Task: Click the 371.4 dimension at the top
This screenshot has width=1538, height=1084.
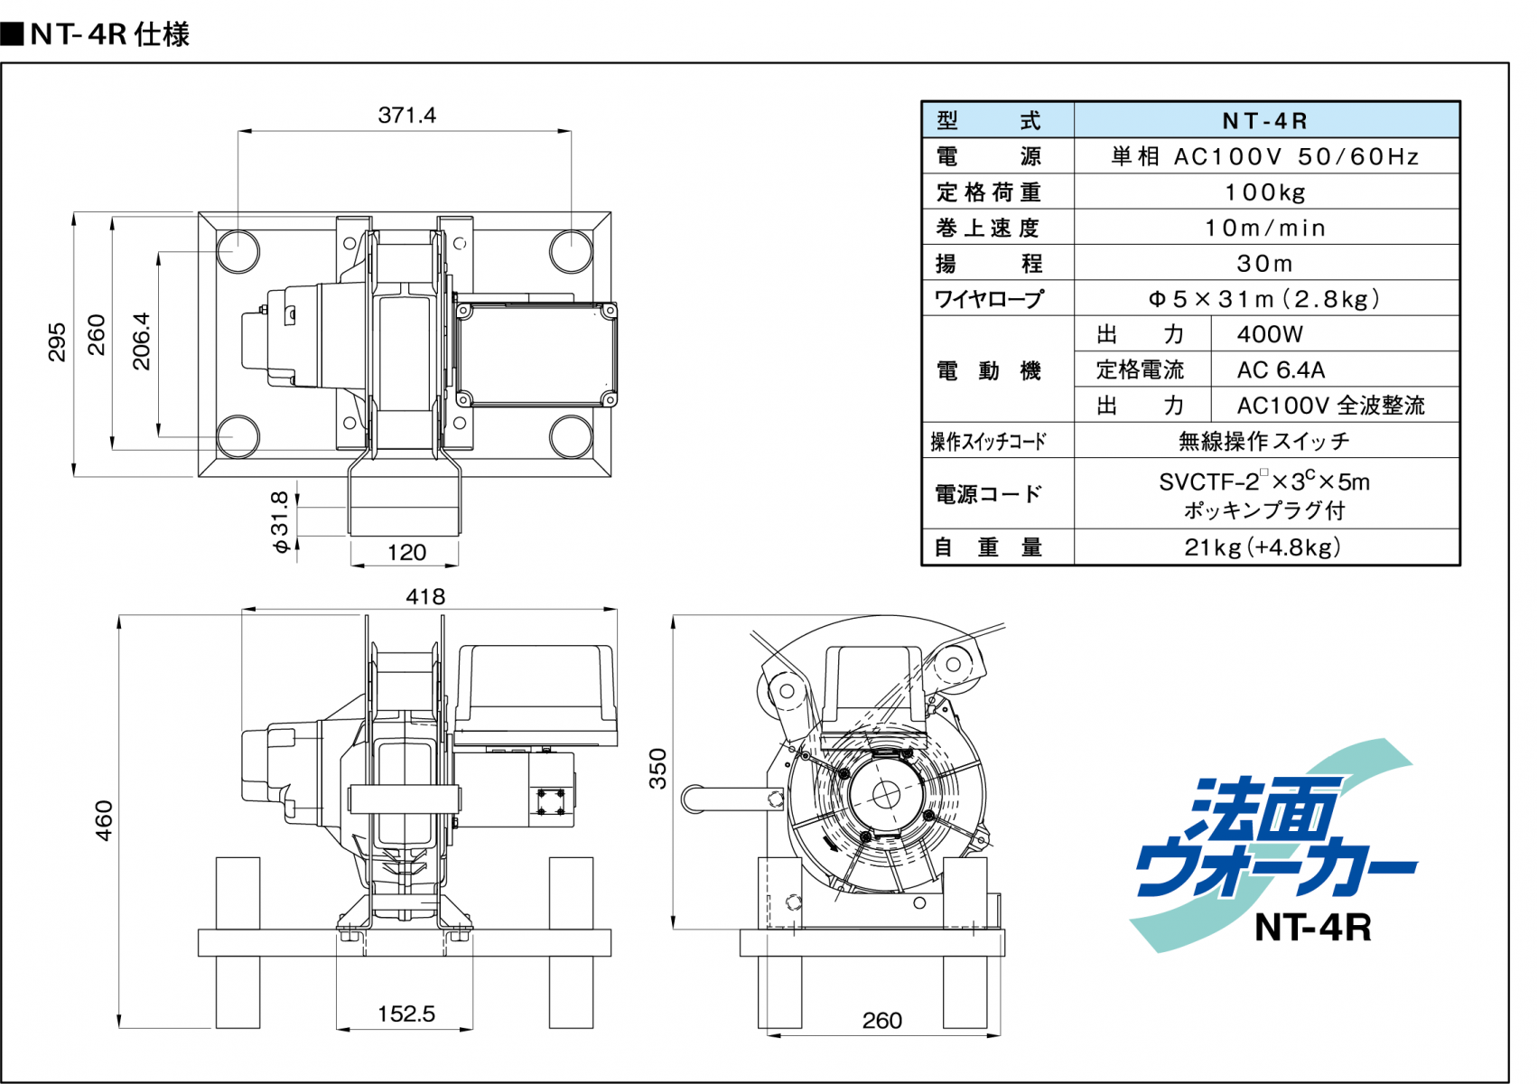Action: click(x=406, y=115)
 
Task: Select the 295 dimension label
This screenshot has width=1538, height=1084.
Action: click(x=57, y=342)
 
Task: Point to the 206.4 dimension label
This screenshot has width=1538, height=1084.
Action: click(x=141, y=341)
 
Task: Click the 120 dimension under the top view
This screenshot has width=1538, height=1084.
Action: click(x=406, y=552)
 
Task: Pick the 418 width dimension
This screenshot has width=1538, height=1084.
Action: click(x=425, y=596)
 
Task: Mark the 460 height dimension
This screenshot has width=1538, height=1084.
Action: click(x=104, y=820)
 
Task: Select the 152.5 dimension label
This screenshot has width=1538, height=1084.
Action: click(x=406, y=1014)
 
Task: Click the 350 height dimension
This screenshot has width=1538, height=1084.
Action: click(x=657, y=769)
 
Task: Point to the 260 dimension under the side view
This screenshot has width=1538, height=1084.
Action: click(x=881, y=1021)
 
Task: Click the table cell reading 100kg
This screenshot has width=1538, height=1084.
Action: click(x=1266, y=192)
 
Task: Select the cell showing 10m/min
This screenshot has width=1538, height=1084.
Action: click(x=1266, y=228)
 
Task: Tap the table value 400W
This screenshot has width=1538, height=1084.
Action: click(x=1335, y=334)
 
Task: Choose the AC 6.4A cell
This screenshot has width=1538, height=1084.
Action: click(x=1335, y=369)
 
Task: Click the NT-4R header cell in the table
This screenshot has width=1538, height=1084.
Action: click(x=1266, y=120)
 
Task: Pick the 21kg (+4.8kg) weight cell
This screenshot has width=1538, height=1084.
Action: click(x=1266, y=547)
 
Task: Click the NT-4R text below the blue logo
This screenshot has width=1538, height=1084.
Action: click(x=1312, y=928)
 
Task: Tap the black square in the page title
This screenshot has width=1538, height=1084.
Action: click(x=13, y=33)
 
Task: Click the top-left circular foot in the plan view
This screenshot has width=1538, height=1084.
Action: click(x=238, y=251)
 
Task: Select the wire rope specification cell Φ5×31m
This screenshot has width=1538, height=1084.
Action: click(x=1266, y=299)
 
